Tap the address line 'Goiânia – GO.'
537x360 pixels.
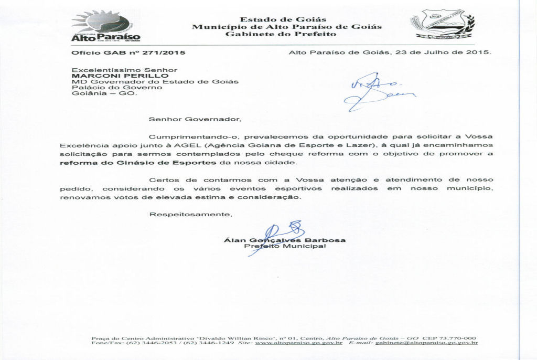103,94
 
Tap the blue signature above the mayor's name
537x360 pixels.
283,234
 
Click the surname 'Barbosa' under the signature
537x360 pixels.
329,240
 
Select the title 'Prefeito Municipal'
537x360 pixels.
285,246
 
